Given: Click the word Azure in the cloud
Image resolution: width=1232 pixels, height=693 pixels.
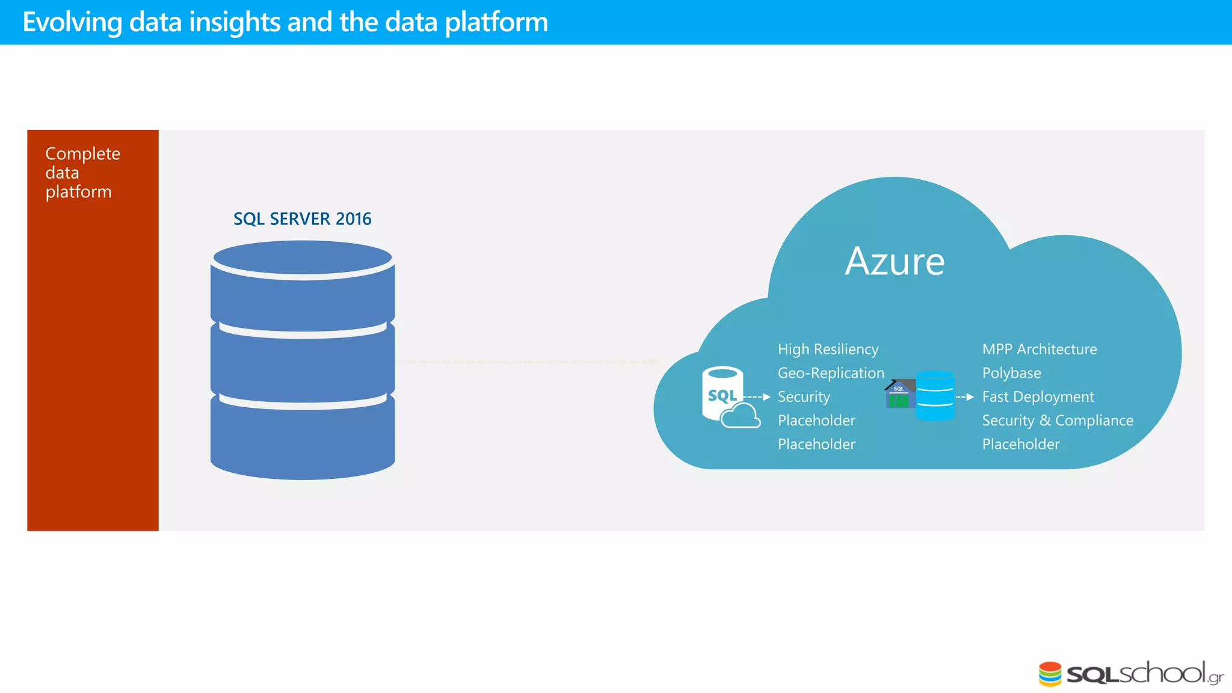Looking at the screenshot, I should [895, 262].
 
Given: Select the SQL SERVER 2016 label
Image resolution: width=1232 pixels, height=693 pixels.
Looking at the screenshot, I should [302, 219].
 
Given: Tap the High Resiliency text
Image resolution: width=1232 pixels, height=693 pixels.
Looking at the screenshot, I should [828, 350].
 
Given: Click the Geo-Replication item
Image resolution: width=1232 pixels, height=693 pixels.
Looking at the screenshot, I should [831, 373].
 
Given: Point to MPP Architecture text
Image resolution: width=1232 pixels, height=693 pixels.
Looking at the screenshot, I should [1039, 350].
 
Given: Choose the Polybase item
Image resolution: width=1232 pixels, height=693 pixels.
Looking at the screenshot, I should [1011, 373].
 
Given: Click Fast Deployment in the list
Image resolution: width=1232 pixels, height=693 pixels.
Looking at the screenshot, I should [1038, 397].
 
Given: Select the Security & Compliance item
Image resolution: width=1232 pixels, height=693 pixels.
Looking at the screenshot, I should [1057, 420].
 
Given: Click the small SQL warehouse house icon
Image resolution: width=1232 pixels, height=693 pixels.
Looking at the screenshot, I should [899, 395].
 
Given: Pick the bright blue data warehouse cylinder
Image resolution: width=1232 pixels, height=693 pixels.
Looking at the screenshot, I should [935, 396].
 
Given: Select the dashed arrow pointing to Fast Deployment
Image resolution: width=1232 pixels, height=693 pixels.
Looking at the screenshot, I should [965, 397].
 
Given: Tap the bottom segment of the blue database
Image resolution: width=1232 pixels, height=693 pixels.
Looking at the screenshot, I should [303, 439].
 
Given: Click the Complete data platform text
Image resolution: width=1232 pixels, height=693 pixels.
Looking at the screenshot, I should [82, 173].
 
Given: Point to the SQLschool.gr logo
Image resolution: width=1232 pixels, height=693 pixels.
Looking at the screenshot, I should [1131, 673].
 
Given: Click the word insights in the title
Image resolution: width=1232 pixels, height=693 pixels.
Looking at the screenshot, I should [235, 22].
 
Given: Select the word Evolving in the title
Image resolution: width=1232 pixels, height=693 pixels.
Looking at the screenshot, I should [72, 22].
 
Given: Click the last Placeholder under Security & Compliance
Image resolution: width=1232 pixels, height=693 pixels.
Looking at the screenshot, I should [1020, 445].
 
